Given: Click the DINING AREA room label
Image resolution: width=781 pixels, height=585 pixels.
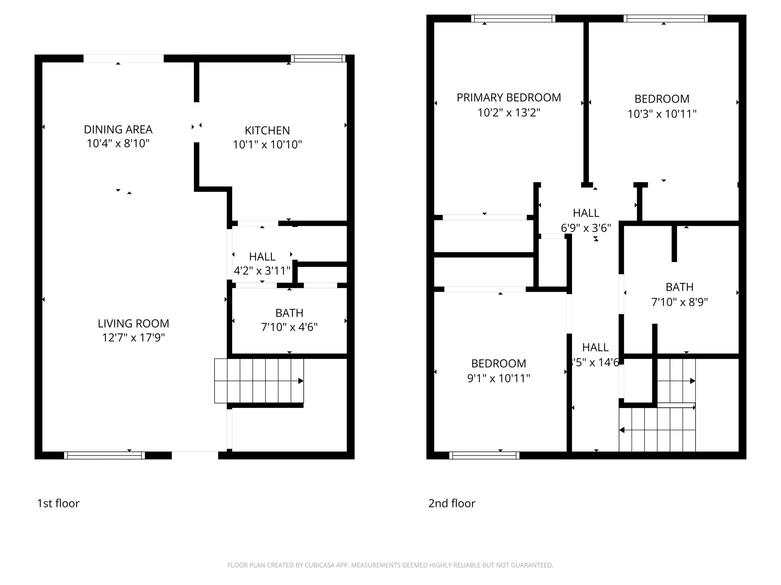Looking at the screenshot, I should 118,129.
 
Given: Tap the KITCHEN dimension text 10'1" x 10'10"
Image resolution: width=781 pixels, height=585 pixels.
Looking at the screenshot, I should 267,144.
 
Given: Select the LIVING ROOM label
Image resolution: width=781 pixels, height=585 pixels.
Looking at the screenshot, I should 133,323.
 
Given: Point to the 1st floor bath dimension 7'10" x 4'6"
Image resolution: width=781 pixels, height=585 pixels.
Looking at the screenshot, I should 289,327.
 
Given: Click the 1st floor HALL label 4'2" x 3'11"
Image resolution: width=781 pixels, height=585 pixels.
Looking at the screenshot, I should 262,264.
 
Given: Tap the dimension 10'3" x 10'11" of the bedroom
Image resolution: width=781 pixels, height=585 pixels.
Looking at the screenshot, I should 662,114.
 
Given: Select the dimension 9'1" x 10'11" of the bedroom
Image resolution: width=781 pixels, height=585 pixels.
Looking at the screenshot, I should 498,378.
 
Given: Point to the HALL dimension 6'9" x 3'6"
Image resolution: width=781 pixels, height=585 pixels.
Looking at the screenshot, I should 586,228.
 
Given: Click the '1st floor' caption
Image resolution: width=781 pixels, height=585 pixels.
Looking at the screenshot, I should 58,503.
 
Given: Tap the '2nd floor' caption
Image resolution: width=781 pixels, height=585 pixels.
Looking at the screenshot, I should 452,503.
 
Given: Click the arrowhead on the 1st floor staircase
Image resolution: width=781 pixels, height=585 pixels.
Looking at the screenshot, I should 301,381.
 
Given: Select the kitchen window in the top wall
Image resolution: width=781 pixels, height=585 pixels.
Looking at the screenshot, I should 318,58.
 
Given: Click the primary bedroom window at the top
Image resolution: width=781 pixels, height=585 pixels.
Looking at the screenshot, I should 513,18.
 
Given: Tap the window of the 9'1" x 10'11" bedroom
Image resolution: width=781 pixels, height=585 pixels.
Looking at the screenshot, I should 484,455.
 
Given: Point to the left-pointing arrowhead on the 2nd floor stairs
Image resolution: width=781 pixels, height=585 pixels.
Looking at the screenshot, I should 622,430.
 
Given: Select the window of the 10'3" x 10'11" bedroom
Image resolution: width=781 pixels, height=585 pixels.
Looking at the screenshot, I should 665,18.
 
